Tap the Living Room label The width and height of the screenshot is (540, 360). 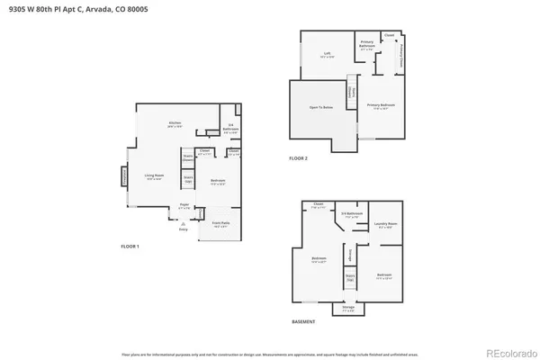[155, 177]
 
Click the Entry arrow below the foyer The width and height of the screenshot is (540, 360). [184, 228]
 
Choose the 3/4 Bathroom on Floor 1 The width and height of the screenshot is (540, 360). [230, 127]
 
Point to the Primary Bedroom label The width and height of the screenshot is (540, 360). [381, 106]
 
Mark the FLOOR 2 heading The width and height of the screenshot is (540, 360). [298, 158]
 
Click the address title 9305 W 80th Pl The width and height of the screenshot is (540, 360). [71, 8]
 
